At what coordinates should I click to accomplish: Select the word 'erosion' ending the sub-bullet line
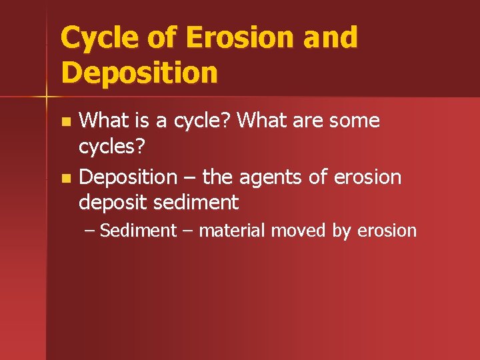pyautogui.click(x=387, y=231)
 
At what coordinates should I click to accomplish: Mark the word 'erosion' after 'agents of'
pyautogui.click(x=368, y=177)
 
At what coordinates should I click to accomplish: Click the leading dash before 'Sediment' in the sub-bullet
pyautogui.click(x=90, y=231)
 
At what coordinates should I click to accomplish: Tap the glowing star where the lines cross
pyautogui.click(x=47, y=97)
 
